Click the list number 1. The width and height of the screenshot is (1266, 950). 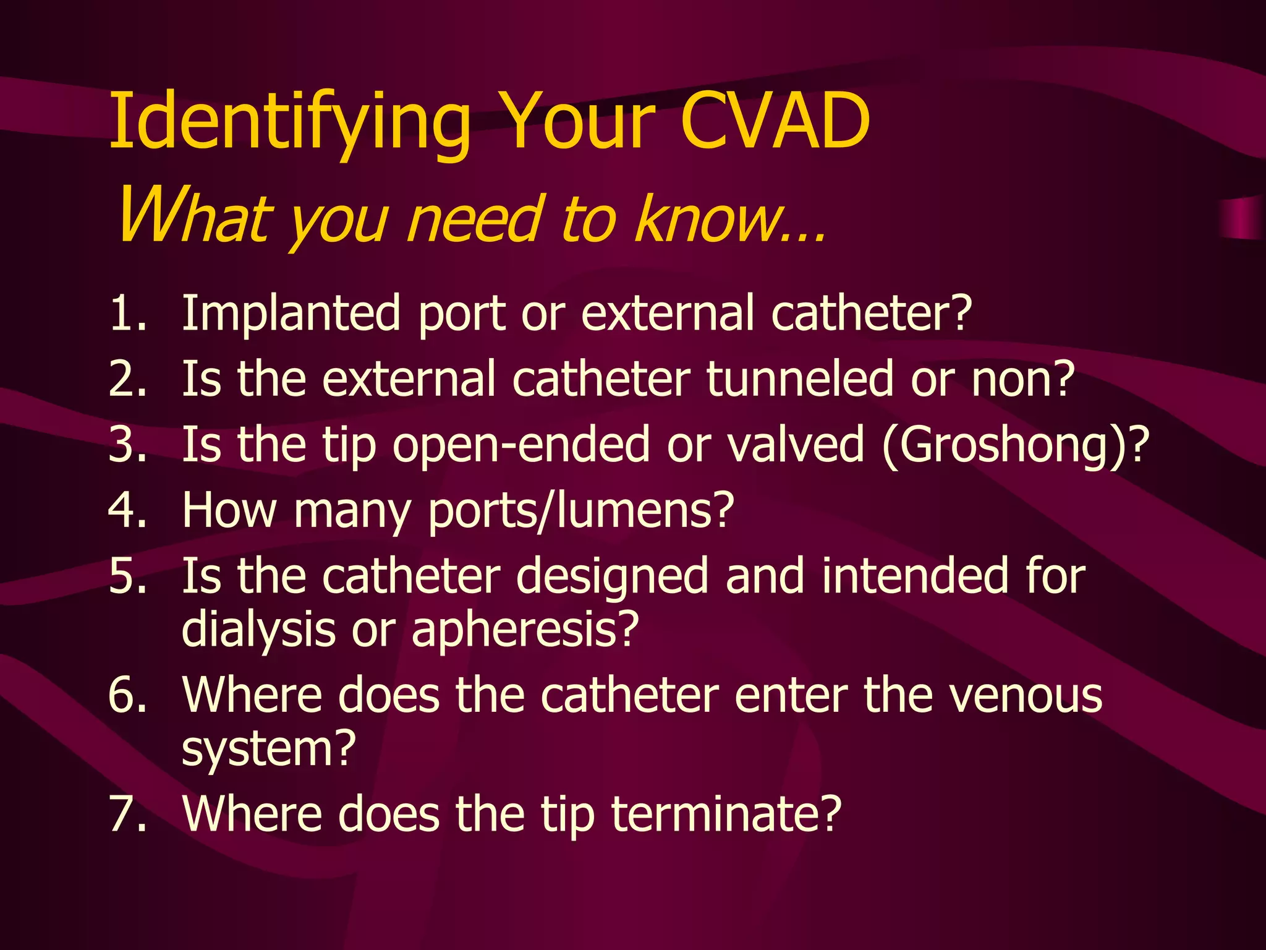pos(127,313)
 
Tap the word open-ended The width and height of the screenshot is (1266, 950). pos(521,444)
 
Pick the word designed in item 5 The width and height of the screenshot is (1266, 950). pos(612,576)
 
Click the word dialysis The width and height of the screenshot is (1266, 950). pos(258,630)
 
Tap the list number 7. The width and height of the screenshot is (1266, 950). pos(127,814)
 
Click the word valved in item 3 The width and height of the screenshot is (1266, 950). pos(795,444)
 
